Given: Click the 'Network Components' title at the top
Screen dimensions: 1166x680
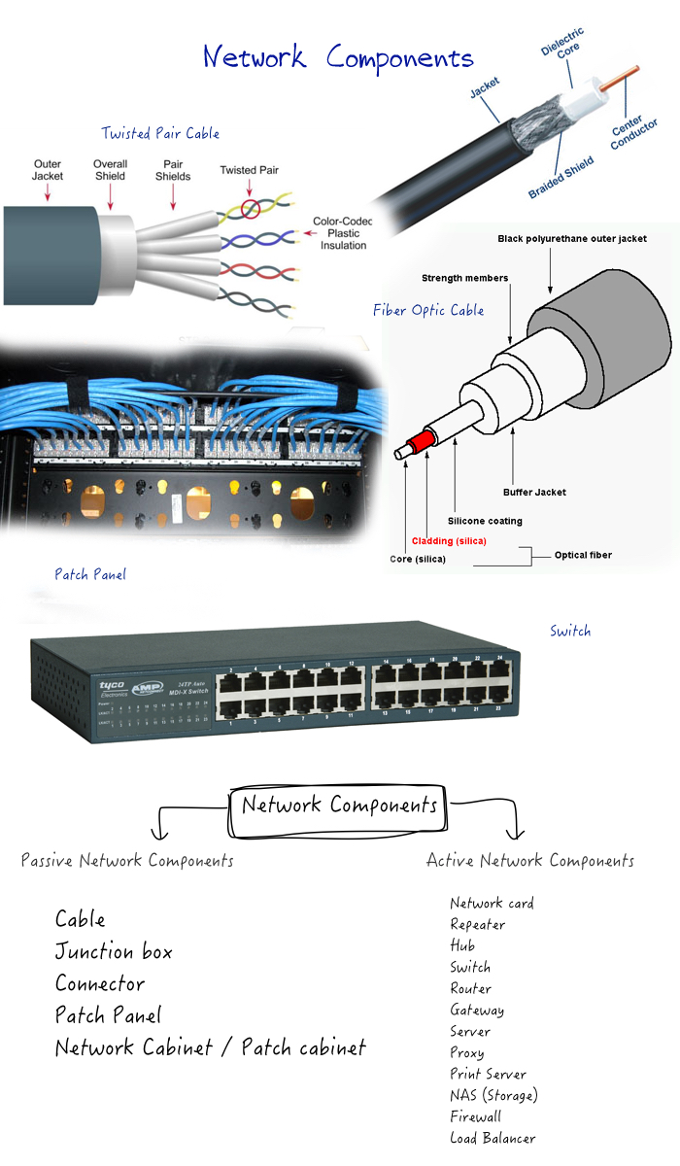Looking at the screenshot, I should coord(338,57).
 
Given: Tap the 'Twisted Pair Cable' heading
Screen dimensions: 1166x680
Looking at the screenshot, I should coord(160,133).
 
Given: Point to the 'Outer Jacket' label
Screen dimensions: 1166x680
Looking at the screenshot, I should coord(48,170).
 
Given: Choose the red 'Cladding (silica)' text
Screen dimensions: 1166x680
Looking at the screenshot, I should coord(449,540).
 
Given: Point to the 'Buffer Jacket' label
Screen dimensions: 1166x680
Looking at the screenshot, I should coord(534,492).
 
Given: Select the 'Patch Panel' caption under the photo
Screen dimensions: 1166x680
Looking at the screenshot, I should coord(90,574).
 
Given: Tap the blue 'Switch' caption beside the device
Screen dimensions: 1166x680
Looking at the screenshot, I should coord(569,631).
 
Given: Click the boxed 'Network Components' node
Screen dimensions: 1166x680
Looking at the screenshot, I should coord(339,806).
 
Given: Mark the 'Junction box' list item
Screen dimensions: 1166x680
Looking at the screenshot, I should coord(114,951).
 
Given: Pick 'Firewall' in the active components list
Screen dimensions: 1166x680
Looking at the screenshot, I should coord(476,1116).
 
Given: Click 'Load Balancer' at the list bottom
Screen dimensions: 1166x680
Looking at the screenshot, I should coord(493,1138).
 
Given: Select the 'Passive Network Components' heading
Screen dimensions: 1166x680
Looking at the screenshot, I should coord(127,860).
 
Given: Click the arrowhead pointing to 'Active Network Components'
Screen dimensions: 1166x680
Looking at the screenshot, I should coord(517,834).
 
